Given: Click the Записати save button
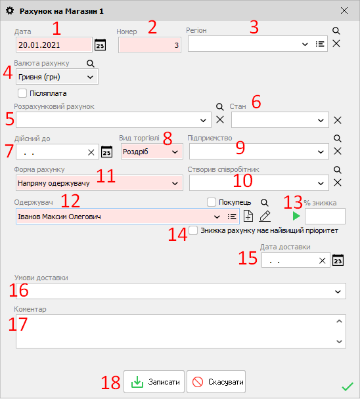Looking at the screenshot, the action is (x=154, y=381).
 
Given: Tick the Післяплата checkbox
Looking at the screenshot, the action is (x=22, y=93).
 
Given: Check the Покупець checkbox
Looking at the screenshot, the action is (x=212, y=202).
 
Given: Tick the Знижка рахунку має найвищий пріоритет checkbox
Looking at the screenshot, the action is (x=193, y=230).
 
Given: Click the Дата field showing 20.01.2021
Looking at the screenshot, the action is (x=54, y=45).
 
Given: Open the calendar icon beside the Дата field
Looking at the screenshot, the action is (x=100, y=45).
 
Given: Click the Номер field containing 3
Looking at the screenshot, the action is (x=150, y=45).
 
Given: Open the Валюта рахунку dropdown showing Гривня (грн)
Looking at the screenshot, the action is (x=56, y=77).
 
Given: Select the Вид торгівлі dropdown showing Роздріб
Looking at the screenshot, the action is (x=152, y=152).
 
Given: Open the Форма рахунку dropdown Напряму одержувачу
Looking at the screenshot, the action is (x=99, y=183).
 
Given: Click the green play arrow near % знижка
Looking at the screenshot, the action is (x=296, y=216).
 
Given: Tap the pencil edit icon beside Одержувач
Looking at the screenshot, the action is (x=265, y=217).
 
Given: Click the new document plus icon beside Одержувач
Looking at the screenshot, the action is (x=248, y=217).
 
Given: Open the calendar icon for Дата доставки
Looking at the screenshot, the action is (x=338, y=260).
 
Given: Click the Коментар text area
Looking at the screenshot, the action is (x=176, y=331).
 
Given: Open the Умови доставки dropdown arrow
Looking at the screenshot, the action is (x=338, y=291).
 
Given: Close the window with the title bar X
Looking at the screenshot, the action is (x=344, y=10).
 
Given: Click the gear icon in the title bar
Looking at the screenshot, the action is (x=10, y=11).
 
